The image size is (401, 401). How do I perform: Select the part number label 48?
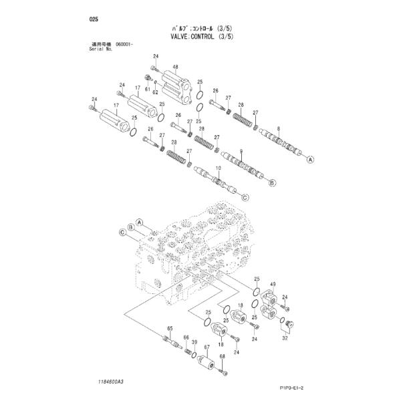[x=175, y=68]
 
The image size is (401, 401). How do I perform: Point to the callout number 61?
[x=147, y=88]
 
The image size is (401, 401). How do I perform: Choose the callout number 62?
[x=156, y=92]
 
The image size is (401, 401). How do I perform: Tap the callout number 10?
[x=218, y=167]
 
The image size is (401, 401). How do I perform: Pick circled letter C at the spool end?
[x=244, y=197]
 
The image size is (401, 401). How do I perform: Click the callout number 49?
[x=273, y=285]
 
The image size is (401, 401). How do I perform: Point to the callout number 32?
[x=285, y=339]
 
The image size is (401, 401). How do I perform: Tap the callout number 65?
[x=170, y=327]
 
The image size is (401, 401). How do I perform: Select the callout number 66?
[x=186, y=337]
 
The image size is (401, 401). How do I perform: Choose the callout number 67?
[x=207, y=347]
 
